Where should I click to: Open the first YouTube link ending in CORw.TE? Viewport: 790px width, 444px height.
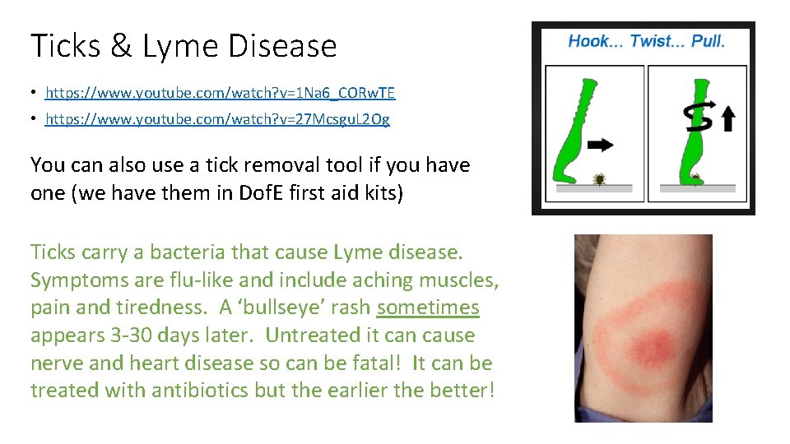(220, 93)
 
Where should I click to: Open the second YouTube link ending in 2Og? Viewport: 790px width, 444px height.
(217, 119)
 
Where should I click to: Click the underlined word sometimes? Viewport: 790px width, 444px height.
(428, 308)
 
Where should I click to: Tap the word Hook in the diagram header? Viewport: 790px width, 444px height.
(589, 42)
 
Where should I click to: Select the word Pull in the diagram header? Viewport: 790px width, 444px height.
(707, 42)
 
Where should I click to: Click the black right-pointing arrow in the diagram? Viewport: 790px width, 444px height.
(602, 146)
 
